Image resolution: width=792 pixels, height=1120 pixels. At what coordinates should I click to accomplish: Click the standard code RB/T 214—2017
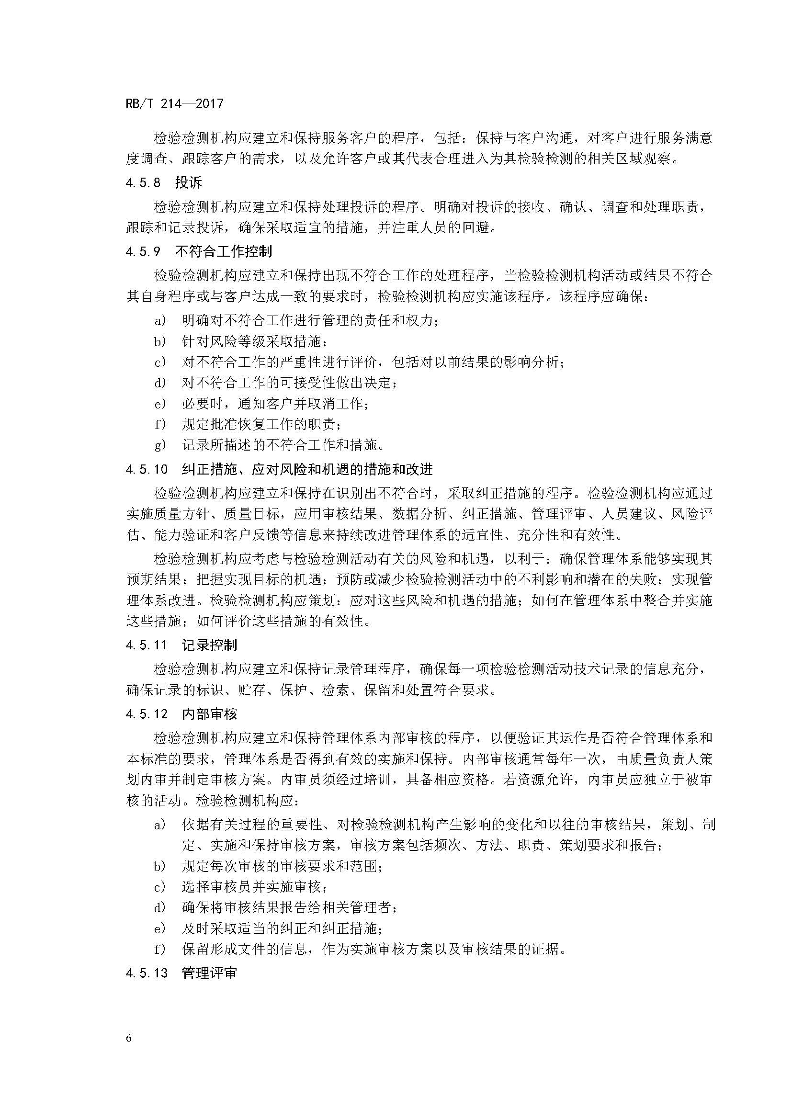click(174, 103)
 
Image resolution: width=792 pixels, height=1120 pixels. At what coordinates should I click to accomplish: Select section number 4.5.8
click(143, 183)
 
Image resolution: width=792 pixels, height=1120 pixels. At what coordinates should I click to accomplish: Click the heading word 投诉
click(188, 183)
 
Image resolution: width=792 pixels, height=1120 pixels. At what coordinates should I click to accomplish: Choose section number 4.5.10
click(147, 469)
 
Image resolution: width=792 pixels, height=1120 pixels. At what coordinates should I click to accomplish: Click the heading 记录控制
click(209, 645)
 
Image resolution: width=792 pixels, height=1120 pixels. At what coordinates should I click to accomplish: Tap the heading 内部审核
click(209, 714)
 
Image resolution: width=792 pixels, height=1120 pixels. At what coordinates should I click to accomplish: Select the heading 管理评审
click(209, 973)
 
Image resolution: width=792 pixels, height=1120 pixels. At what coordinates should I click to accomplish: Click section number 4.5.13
click(147, 973)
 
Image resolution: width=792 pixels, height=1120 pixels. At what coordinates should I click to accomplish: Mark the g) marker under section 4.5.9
click(160, 445)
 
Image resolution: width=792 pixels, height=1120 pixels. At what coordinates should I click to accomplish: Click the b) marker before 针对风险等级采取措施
click(160, 341)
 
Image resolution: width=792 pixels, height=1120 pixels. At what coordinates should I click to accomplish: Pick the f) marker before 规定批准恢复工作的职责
click(160, 424)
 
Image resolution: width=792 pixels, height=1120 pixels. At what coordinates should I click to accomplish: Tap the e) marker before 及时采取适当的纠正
click(160, 928)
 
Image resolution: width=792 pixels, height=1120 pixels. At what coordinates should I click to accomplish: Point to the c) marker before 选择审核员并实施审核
click(160, 886)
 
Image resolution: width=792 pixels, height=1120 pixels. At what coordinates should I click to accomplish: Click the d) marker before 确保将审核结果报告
click(160, 907)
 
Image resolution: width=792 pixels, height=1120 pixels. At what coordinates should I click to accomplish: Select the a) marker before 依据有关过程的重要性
click(160, 825)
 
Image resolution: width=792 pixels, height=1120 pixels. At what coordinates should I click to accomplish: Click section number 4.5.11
click(147, 645)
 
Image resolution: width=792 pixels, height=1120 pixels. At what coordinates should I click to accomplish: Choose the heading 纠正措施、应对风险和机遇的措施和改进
click(307, 469)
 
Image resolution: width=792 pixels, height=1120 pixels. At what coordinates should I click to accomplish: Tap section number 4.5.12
click(147, 714)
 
